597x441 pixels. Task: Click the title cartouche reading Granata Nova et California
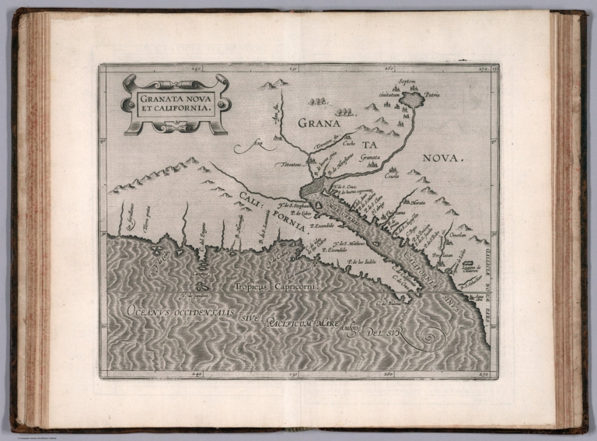tap(176, 104)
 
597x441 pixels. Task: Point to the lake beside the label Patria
tap(410, 100)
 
